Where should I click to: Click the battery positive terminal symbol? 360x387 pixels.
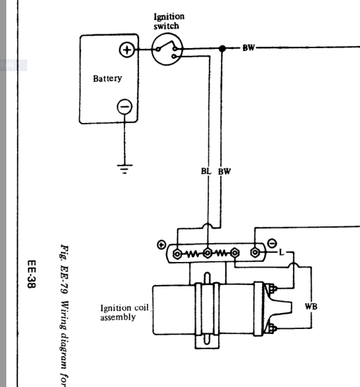pos(127,50)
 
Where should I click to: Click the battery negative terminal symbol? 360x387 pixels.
pos(124,107)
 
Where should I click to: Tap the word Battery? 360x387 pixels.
pos(108,78)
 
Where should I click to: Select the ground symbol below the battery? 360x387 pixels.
pos(124,169)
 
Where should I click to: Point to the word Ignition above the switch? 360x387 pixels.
pos(169,17)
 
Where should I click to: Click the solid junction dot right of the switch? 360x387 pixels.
pos(222,48)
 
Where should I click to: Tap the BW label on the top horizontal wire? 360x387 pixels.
pos(248,48)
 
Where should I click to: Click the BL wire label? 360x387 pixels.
pos(206,171)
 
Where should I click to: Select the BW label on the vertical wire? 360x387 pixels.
pos(224,171)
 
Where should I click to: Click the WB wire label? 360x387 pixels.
pos(311,306)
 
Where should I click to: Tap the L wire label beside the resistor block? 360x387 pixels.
pos(282,252)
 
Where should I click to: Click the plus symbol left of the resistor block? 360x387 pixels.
pos(161,244)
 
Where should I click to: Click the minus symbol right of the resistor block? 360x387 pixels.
pos(272,243)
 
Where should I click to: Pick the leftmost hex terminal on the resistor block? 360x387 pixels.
pos(177,254)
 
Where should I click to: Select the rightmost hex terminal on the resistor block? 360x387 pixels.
pos(255,252)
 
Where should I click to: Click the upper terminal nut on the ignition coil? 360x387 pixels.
pos(272,289)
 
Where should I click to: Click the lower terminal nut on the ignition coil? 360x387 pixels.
pos(272,328)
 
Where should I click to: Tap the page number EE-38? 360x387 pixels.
pos(31,274)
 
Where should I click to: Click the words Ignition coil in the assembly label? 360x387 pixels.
pos(124,308)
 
